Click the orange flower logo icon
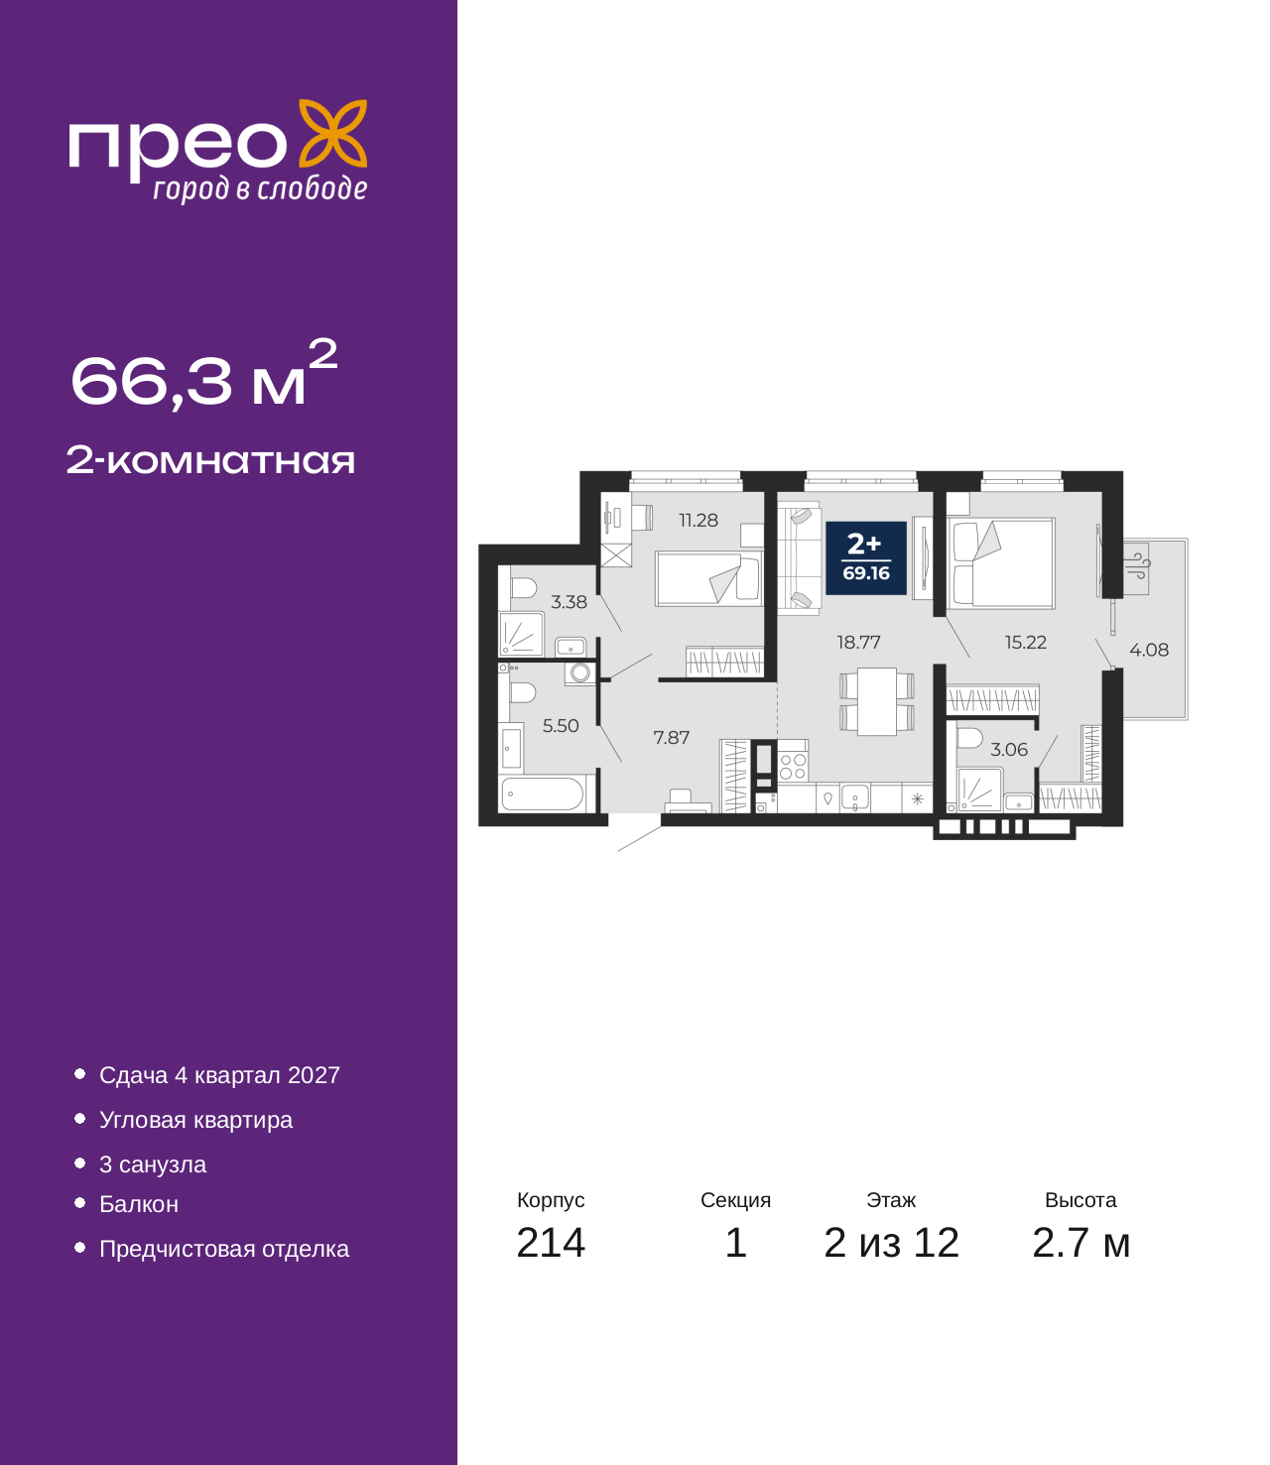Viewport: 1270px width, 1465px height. (x=332, y=134)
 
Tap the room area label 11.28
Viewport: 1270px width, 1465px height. (x=698, y=520)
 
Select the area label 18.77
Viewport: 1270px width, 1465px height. (x=858, y=642)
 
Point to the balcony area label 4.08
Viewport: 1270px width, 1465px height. (x=1148, y=650)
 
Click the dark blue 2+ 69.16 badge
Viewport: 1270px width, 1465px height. (x=866, y=557)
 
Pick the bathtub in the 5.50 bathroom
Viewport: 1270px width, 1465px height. (x=542, y=794)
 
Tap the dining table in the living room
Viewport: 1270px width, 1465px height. (x=876, y=701)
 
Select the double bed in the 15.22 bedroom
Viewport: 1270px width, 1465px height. (x=1000, y=562)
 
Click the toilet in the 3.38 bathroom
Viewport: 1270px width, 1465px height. (x=521, y=587)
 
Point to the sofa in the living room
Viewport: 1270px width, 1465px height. (x=799, y=557)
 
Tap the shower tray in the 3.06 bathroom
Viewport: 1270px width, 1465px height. (x=980, y=789)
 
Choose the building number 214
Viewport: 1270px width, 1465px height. (x=551, y=1243)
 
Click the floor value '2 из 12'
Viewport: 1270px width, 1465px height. (x=891, y=1243)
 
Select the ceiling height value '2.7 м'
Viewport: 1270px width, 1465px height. (x=1080, y=1243)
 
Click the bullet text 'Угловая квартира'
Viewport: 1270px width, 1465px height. (x=195, y=1120)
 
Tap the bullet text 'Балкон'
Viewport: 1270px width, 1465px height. (x=139, y=1204)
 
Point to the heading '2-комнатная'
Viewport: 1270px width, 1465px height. (x=210, y=460)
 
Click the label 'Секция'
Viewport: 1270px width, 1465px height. (x=735, y=1200)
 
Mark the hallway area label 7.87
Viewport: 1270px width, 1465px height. (x=671, y=737)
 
